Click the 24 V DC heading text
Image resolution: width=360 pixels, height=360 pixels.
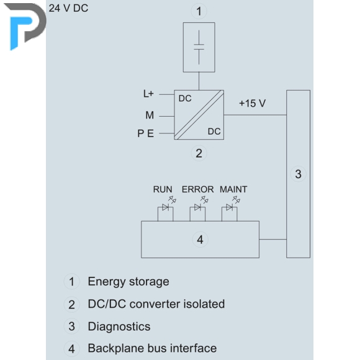click(68, 8)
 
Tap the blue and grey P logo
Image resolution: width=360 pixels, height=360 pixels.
click(25, 25)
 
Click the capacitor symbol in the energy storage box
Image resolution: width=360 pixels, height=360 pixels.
click(199, 47)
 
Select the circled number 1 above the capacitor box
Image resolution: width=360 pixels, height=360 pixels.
click(199, 11)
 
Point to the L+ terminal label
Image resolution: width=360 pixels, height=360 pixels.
click(148, 94)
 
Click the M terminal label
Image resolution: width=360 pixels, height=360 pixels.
click(150, 115)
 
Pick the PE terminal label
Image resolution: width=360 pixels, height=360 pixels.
click(146, 133)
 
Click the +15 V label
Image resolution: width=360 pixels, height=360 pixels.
click(253, 103)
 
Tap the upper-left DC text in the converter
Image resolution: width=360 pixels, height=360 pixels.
click(185, 99)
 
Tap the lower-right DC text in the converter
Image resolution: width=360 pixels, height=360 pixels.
click(214, 132)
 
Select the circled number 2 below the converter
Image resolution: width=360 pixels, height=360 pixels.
click(199, 153)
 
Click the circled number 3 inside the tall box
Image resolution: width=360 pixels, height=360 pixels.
click(298, 174)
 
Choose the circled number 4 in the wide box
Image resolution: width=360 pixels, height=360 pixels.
click(200, 240)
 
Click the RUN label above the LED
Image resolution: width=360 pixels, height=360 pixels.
click(163, 189)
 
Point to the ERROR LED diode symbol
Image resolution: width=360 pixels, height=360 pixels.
click(197, 207)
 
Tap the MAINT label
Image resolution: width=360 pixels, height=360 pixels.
click(233, 189)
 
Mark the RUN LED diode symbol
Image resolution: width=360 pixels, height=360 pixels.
click(165, 207)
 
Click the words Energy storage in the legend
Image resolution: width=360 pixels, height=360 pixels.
click(128, 282)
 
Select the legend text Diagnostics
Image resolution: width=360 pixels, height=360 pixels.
click(119, 326)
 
